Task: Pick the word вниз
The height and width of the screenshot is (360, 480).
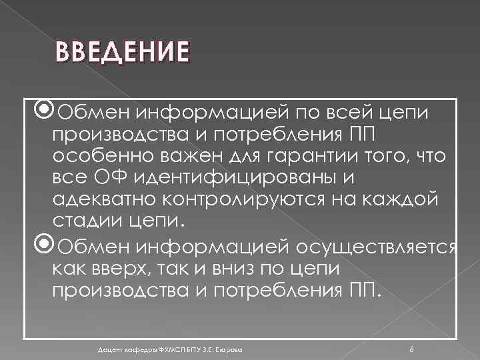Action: point(242,269)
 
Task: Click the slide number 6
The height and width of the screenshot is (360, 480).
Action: point(411,349)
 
